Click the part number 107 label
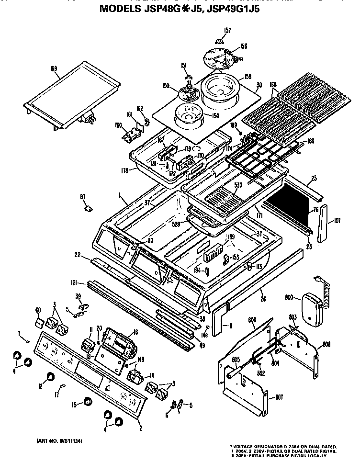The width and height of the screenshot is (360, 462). click(x=337, y=221)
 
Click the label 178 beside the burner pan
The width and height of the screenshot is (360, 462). click(x=125, y=170)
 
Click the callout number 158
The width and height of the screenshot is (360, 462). click(x=248, y=77)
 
